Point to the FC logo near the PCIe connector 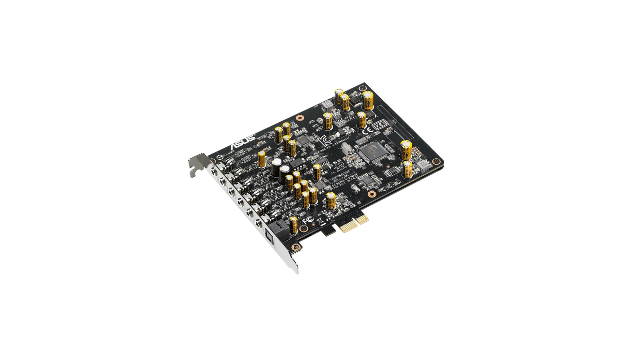(307, 220)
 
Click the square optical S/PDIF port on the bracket (269, 236)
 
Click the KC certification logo (323, 140)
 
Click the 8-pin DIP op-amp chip (297, 163)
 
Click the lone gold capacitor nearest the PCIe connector (331, 200)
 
